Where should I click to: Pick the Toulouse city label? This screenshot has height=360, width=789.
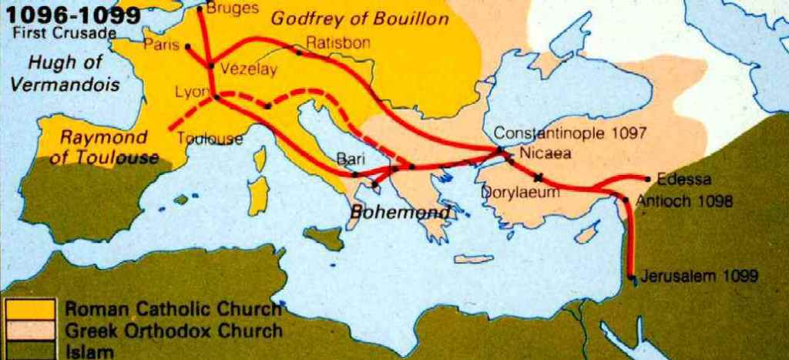pyautogui.click(x=210, y=140)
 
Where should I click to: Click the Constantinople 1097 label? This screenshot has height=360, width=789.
pyautogui.click(x=570, y=133)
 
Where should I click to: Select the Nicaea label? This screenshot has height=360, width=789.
pyautogui.click(x=546, y=153)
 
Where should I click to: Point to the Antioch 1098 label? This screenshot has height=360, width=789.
pyautogui.click(x=684, y=202)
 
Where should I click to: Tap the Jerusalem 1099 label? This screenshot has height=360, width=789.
pyautogui.click(x=702, y=275)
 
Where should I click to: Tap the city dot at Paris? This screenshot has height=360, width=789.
pyautogui.click(x=188, y=46)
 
